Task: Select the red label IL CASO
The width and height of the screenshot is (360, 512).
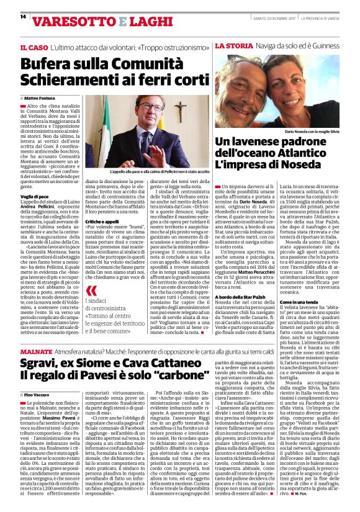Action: coord(35,47)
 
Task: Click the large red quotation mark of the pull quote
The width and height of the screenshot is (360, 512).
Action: coord(91,290)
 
